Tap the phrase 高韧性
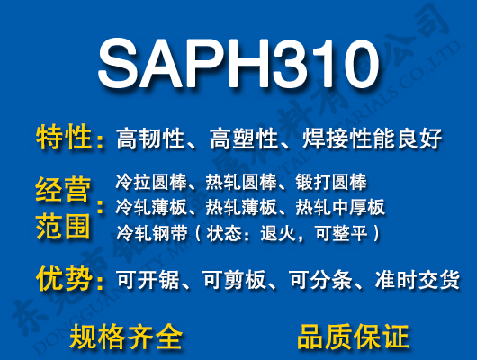point(151,139)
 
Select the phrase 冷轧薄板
point(149,208)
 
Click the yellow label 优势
point(64,279)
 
